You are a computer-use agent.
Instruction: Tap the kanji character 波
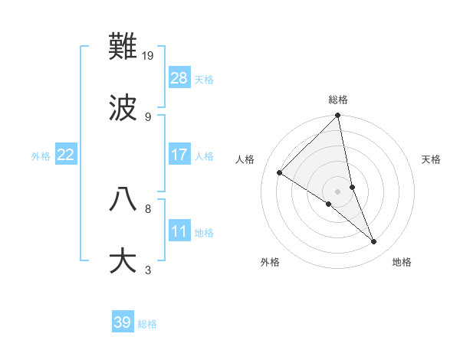click(x=123, y=108)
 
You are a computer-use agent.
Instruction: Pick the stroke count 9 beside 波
click(x=148, y=116)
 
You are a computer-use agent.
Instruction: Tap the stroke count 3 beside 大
click(x=148, y=269)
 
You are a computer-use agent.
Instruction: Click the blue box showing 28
click(x=179, y=78)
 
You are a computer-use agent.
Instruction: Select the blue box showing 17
click(x=179, y=155)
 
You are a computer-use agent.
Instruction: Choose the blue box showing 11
click(x=179, y=231)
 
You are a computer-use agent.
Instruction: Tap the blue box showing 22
click(x=66, y=155)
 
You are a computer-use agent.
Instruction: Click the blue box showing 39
click(x=123, y=322)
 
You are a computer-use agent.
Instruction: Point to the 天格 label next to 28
click(x=204, y=79)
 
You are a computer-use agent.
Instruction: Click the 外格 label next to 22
click(x=41, y=155)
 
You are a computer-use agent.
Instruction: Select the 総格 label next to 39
click(x=148, y=323)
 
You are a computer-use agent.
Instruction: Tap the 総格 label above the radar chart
click(x=338, y=100)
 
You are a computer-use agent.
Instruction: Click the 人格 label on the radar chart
click(x=246, y=159)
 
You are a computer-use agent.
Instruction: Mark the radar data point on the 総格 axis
click(x=338, y=116)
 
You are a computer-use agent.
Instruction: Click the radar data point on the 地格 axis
click(x=374, y=241)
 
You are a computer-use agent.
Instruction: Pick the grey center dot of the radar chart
click(x=338, y=191)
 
